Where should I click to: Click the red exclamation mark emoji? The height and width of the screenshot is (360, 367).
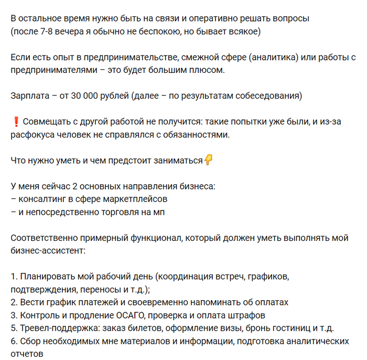pos(15,122)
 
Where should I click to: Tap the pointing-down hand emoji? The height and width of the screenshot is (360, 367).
pos(208,161)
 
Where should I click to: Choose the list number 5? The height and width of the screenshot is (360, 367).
pos(14,329)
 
